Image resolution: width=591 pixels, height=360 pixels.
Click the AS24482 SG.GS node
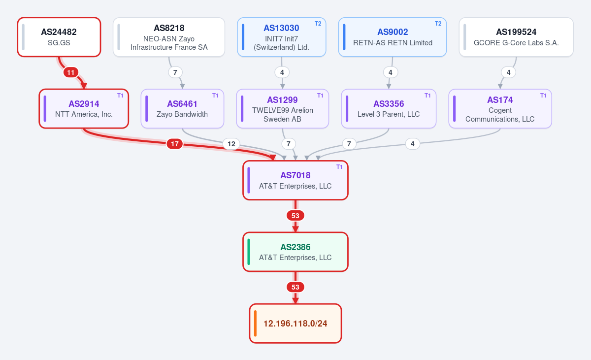point(59,37)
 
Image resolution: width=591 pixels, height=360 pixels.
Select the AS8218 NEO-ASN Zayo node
point(169,37)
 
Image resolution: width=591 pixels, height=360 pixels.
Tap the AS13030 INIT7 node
point(282,37)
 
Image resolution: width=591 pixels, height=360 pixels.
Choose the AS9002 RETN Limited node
point(393,37)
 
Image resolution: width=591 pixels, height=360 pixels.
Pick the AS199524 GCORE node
point(516,37)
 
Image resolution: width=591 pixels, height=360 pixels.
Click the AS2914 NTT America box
point(84,109)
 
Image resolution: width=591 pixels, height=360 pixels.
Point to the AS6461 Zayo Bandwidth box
point(182,109)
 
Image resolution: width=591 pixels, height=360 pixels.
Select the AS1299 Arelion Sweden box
point(282,109)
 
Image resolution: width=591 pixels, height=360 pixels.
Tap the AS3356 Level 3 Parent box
point(389,109)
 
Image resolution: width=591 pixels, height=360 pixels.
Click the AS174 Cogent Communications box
point(500,109)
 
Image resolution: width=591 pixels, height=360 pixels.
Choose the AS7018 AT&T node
point(295,180)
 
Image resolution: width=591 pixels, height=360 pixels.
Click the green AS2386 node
point(295,252)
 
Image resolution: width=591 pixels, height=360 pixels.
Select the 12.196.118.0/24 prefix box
point(295,324)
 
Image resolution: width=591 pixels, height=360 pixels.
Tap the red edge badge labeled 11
point(71,72)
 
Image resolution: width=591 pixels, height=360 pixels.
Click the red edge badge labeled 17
point(175,144)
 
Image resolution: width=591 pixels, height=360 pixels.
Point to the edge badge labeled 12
point(231,144)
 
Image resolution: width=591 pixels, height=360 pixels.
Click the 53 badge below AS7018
point(295,216)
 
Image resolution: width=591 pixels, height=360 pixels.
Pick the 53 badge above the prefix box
point(295,287)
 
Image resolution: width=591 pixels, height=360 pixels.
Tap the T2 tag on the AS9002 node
point(438,24)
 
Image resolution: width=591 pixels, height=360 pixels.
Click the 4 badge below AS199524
point(509,72)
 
